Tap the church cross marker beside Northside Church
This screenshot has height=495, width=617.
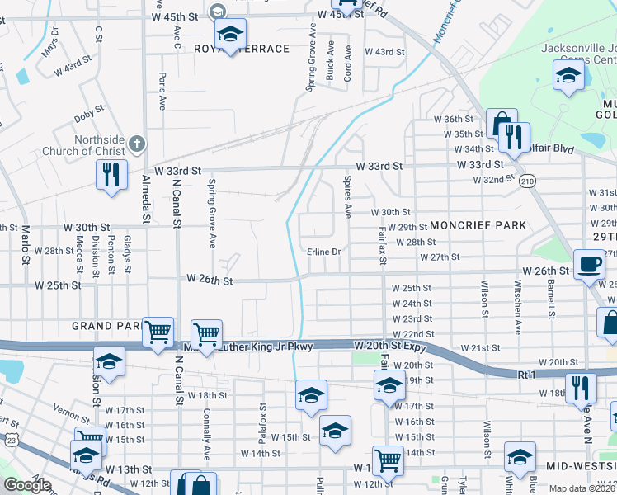tap(137, 145)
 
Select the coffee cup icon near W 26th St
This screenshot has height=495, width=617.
tap(589, 265)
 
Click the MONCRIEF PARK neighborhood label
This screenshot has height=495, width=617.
tap(478, 225)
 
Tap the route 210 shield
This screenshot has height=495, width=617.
tap(527, 180)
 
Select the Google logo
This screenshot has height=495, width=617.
tap(27, 485)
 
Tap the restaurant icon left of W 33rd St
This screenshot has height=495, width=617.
tap(110, 174)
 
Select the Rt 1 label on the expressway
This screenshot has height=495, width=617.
tap(527, 375)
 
